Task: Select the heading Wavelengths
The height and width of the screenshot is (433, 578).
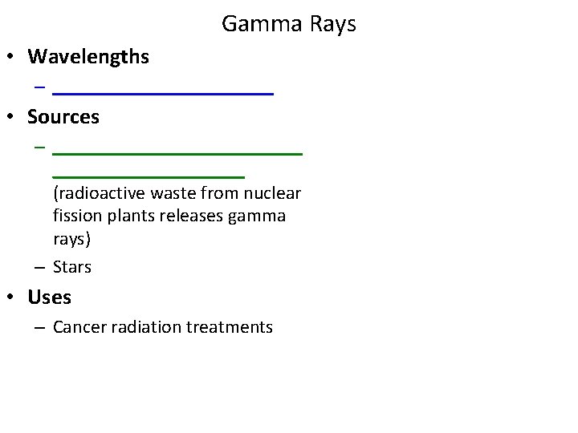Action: coord(88,57)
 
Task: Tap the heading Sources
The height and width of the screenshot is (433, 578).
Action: coord(63,117)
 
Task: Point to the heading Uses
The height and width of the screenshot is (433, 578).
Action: coord(50,297)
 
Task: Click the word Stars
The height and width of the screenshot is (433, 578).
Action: coord(72,267)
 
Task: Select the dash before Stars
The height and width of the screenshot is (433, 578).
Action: coord(39,267)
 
